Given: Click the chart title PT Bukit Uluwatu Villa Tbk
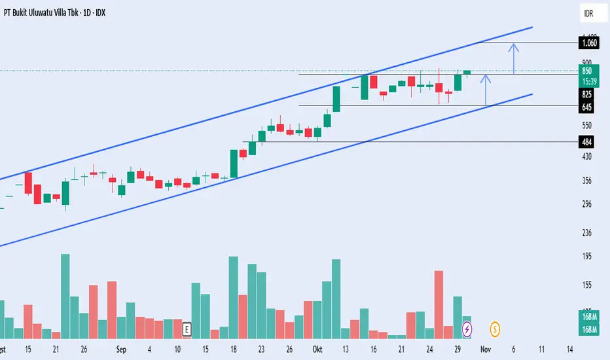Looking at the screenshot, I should [x=56, y=12].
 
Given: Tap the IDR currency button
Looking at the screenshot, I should [x=588, y=12].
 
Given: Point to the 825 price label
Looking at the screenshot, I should [x=587, y=94].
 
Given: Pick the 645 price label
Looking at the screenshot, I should [x=587, y=106].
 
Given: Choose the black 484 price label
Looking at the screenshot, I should [x=587, y=141].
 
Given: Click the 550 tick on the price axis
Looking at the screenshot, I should [x=587, y=124].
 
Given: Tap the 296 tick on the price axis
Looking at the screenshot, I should [x=587, y=204].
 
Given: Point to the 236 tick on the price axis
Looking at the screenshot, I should [x=587, y=232].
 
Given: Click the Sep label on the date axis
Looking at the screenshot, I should [x=120, y=349].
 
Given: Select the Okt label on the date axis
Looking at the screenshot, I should [x=317, y=349].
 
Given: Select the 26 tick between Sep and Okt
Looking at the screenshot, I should [x=289, y=349].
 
